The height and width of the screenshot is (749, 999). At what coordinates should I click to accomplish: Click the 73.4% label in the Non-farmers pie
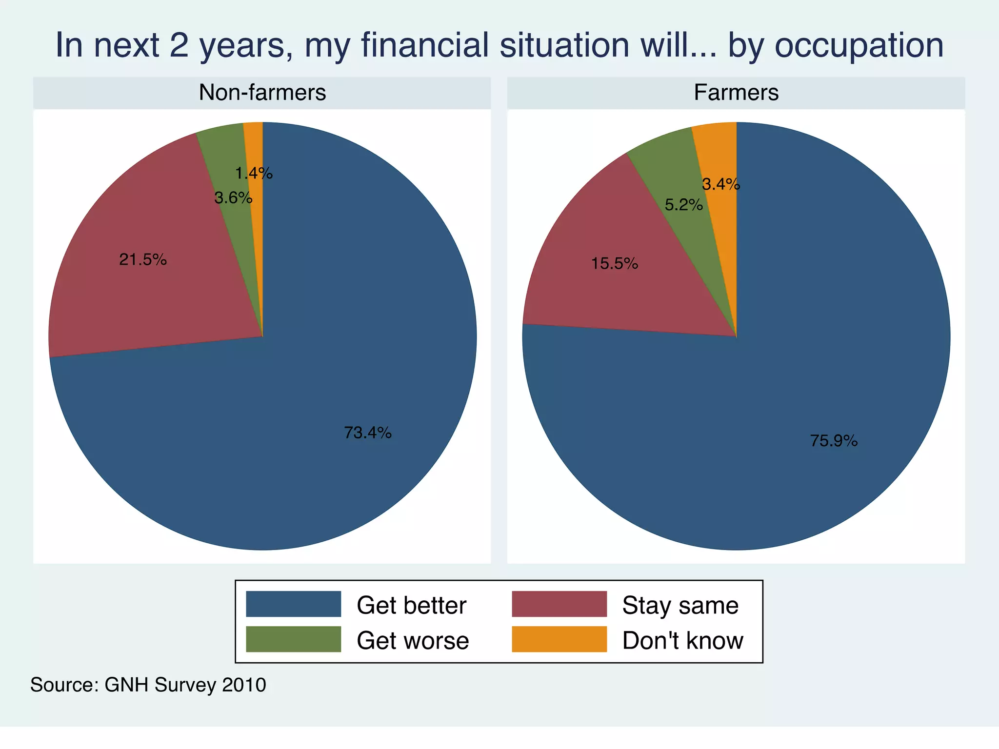[368, 433]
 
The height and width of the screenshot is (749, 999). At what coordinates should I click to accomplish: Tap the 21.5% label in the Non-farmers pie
[143, 259]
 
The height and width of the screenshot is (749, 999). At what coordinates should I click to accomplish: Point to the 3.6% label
[233, 198]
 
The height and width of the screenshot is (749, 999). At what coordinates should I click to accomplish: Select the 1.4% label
[254, 173]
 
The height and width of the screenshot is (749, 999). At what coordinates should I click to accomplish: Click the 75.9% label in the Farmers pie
[834, 441]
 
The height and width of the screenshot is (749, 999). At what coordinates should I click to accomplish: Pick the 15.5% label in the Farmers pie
[615, 264]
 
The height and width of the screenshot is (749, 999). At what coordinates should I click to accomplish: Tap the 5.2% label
[684, 205]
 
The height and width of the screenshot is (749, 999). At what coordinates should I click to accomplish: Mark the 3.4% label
[721, 184]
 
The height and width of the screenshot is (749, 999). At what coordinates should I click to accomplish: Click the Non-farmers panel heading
[262, 93]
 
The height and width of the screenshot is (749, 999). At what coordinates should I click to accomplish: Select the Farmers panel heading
[736, 93]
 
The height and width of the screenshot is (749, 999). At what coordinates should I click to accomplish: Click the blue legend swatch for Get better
[293, 604]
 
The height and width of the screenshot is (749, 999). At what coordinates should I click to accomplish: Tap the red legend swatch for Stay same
[559, 604]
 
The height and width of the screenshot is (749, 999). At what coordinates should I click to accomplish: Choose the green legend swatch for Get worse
[293, 639]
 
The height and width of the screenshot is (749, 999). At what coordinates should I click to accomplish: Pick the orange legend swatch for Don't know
[559, 639]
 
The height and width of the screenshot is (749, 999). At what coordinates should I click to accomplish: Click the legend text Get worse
[413, 640]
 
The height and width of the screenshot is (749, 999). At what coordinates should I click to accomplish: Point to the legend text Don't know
[682, 640]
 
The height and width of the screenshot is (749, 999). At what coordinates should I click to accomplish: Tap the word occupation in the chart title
[859, 45]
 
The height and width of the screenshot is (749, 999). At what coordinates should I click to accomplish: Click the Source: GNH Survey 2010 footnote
[148, 685]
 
